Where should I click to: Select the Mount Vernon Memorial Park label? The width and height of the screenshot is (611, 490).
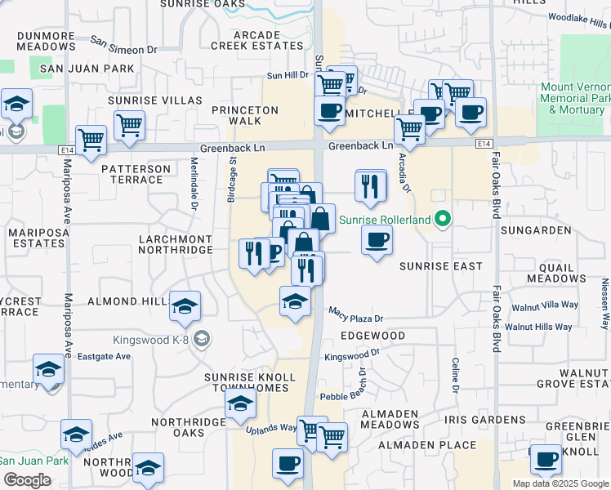[576, 97]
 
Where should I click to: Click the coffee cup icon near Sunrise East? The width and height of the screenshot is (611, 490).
[376, 240]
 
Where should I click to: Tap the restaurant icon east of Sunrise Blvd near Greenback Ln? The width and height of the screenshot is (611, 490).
[371, 185]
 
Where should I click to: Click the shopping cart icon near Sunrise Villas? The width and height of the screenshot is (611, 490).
[129, 125]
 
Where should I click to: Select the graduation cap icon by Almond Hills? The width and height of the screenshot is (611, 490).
[185, 305]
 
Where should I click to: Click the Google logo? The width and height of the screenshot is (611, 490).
[27, 480]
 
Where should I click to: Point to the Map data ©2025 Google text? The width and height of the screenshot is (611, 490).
[560, 483]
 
